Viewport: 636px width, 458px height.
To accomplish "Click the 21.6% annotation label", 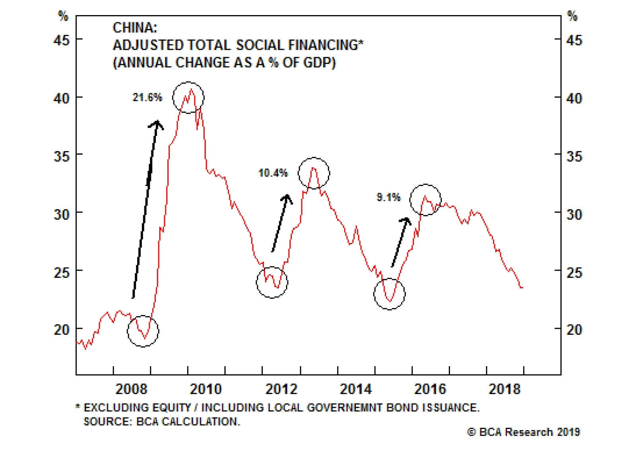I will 147,97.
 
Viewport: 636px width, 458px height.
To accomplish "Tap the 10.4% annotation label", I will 273,173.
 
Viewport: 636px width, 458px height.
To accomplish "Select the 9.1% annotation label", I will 388,197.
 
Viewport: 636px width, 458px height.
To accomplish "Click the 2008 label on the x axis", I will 131,389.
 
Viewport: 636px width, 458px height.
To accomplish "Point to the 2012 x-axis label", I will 281,389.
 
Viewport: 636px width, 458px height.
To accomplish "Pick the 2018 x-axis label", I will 504,389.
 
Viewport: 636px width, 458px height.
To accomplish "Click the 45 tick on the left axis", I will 62,40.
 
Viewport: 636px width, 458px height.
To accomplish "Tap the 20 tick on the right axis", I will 574,330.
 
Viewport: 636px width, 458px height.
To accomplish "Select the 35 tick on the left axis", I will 62,156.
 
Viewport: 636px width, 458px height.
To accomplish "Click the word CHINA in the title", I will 135,28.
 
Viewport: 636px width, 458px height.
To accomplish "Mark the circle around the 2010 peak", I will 188,98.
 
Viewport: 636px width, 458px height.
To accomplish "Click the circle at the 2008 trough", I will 143,331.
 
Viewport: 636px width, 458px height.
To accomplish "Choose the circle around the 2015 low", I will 390,294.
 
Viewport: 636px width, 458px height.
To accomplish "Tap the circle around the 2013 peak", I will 314,173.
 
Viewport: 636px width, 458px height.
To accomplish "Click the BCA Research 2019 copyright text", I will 524,432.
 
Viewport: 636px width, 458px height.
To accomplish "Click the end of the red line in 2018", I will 522,287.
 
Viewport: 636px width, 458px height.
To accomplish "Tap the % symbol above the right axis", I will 572,16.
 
